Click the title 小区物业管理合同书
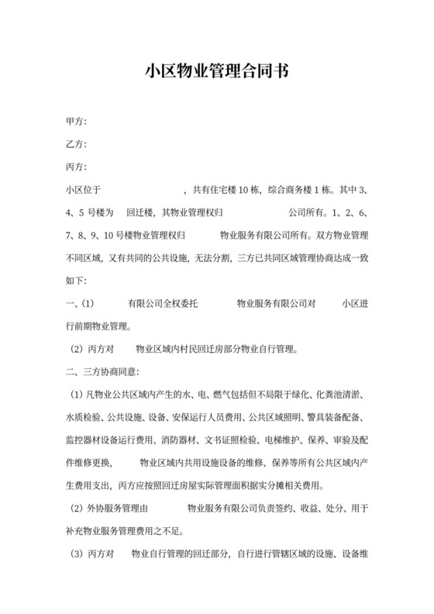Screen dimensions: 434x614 coord(217,72)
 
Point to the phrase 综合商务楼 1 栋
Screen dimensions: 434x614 coord(299,189)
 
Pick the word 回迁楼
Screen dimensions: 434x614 coord(140,212)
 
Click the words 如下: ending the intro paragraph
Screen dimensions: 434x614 coord(78,279)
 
